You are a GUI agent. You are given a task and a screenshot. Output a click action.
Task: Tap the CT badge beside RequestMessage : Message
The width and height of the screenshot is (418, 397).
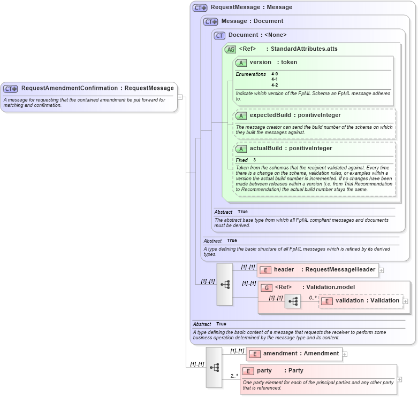(200, 8)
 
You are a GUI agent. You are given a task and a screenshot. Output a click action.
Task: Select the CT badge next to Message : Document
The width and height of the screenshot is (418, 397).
(211, 21)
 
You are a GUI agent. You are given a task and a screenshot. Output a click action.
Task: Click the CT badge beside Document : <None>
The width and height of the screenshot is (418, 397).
(219, 35)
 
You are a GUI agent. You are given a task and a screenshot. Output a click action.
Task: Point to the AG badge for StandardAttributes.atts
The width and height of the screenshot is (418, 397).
(230, 49)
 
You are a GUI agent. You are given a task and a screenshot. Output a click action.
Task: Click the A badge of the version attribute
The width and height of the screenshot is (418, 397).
(241, 63)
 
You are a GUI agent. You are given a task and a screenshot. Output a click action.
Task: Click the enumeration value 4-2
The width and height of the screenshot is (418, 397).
(275, 85)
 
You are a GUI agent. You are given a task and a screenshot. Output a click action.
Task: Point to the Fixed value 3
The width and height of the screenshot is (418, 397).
(255, 160)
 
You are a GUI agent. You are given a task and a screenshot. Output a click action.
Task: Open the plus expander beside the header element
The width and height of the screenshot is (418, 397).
(382, 270)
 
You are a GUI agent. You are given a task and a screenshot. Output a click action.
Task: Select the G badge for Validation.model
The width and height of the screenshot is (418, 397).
(267, 287)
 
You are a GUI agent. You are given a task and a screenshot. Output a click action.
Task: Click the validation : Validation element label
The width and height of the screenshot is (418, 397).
(367, 301)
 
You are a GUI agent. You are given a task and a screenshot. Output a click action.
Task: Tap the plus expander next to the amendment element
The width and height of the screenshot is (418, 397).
(345, 354)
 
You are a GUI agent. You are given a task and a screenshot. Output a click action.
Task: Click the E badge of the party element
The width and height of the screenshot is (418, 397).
(248, 371)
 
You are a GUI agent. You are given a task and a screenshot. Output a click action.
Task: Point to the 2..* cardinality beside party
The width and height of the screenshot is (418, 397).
(234, 376)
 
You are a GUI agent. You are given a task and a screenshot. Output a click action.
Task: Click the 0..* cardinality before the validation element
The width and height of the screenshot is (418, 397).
(313, 298)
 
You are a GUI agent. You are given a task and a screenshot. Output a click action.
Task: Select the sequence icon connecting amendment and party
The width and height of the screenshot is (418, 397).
(214, 367)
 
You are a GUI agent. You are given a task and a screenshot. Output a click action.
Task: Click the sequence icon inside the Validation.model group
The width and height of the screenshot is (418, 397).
(293, 301)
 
